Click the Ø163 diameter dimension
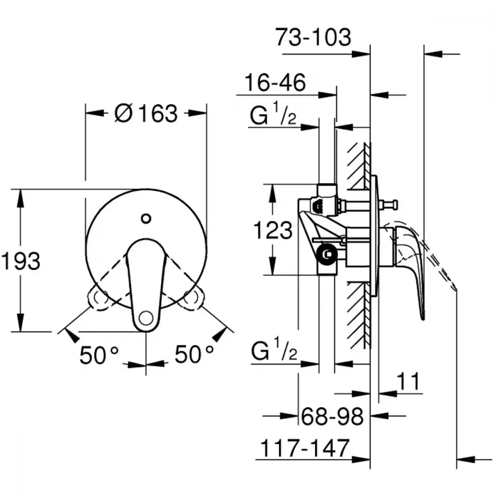(x=146, y=113)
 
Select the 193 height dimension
(x=20, y=261)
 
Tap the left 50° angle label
(x=99, y=355)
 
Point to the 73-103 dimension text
(x=313, y=37)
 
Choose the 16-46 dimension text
(x=275, y=82)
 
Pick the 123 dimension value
(x=273, y=230)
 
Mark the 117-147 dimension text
(x=305, y=448)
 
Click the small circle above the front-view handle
(x=146, y=218)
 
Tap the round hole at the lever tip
(x=146, y=317)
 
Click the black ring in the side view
(x=326, y=254)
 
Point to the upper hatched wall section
(x=359, y=166)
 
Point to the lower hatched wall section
(x=359, y=315)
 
